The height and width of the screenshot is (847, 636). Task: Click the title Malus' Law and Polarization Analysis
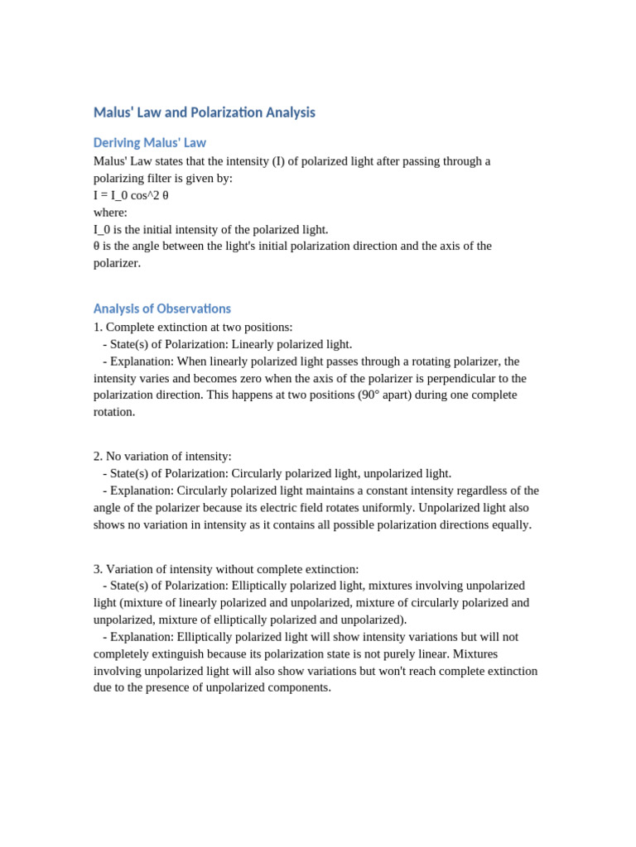(204, 112)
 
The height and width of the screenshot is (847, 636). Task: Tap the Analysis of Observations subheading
(161, 309)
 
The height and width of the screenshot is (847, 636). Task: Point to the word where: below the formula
(110, 213)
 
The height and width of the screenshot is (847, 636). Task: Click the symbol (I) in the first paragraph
(278, 161)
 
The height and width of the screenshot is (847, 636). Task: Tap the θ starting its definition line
(97, 246)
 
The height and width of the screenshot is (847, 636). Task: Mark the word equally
(506, 524)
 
